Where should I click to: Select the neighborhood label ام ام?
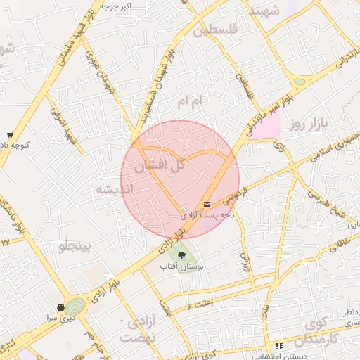click(189, 103)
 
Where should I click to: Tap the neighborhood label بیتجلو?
click(75, 247)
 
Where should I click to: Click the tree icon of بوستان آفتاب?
click(182, 255)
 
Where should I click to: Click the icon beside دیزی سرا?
click(62, 307)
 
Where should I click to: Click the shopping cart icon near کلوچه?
click(9, 135)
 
